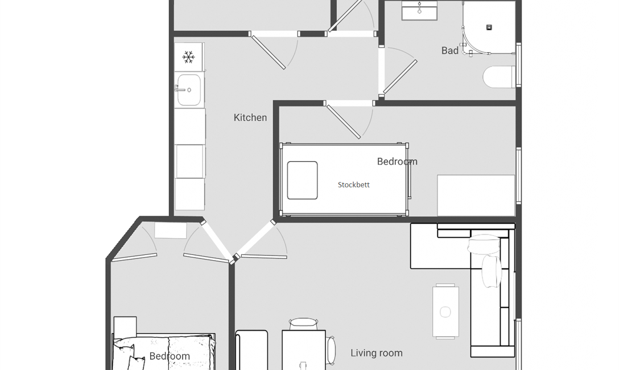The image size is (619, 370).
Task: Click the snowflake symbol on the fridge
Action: point(189,57)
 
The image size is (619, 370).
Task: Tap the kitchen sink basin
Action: point(189,90)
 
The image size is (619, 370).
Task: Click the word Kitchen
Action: point(250,118)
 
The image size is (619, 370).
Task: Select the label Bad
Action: point(450,51)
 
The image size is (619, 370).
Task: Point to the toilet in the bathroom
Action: point(499,77)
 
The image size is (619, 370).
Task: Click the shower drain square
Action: point(489,27)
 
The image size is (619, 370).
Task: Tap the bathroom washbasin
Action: point(419,10)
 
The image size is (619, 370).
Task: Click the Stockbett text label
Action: point(354,185)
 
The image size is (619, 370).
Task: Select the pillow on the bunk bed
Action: point(303,180)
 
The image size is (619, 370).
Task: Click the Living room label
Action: point(377,353)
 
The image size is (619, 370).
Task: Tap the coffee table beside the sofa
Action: point(445,311)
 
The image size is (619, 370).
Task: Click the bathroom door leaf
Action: point(400,77)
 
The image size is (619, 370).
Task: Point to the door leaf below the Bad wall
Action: point(344,122)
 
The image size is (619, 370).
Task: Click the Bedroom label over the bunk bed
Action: point(397,162)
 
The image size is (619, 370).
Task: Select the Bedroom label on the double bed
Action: point(170,356)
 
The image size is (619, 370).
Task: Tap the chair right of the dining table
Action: point(331,350)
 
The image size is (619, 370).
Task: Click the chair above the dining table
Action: point(303,324)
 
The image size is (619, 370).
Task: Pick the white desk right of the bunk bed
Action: point(476,195)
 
